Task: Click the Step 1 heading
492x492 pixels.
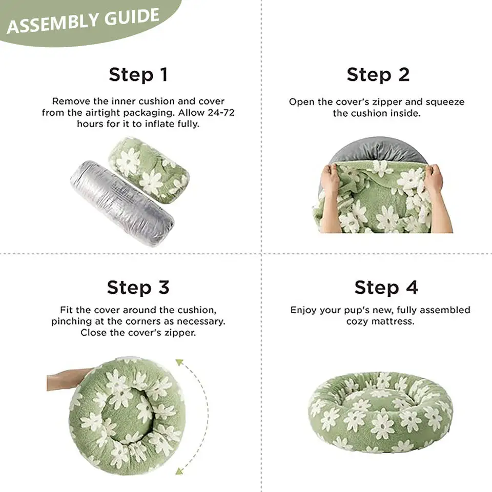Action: (x=138, y=75)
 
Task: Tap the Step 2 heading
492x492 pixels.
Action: (x=378, y=75)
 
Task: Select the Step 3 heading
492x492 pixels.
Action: (x=138, y=288)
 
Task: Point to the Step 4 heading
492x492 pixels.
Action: (x=386, y=288)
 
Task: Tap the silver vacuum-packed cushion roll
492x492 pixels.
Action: (x=122, y=203)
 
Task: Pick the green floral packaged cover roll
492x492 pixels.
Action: (x=149, y=170)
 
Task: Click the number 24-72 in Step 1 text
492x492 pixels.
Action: (x=221, y=112)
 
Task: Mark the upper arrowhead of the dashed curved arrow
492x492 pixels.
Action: (x=179, y=363)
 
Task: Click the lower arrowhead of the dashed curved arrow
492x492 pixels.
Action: (x=179, y=470)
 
